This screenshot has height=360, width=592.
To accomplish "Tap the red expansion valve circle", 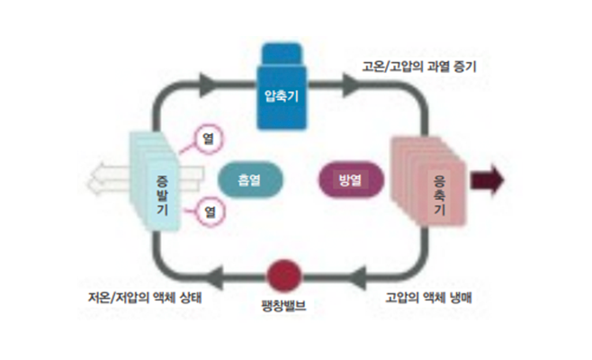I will tap(283, 274).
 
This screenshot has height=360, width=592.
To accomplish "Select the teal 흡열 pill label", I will tap(249, 179).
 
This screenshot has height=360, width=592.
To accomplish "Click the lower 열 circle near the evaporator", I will tap(208, 213).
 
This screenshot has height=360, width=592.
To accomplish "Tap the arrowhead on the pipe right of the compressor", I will tap(349, 85).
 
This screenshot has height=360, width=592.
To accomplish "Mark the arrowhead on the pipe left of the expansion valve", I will tap(216, 274).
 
